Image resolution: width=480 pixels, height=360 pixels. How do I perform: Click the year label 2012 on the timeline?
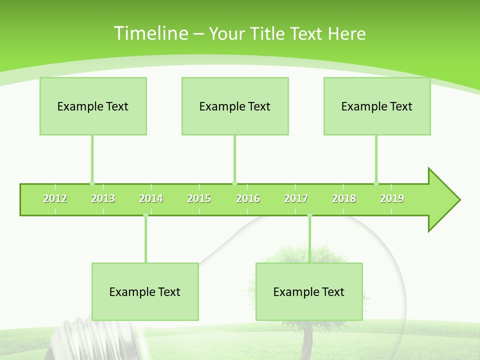click(x=55, y=199)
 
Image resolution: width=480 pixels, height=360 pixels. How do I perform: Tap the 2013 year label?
click(x=103, y=199)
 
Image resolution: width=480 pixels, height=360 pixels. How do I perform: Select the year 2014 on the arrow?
click(x=151, y=199)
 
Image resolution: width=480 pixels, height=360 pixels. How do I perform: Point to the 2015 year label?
click(x=199, y=199)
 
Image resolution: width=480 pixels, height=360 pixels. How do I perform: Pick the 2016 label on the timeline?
click(x=248, y=199)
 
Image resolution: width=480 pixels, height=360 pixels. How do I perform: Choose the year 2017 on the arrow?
click(x=296, y=199)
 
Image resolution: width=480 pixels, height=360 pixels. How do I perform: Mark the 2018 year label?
click(x=344, y=199)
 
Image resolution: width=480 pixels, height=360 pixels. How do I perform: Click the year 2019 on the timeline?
click(x=392, y=199)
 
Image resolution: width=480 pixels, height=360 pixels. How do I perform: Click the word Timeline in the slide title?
click(x=150, y=33)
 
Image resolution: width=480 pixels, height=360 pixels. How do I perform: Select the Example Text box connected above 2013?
click(x=93, y=106)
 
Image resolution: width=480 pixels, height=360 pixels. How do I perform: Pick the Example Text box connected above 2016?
click(x=235, y=106)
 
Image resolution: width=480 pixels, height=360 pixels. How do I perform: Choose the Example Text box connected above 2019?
click(x=377, y=106)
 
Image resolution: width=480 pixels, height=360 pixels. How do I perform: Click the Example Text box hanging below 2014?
click(x=145, y=291)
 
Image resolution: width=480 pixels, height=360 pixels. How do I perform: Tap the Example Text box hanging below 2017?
click(x=309, y=291)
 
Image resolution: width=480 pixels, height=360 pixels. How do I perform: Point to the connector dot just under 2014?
click(x=145, y=215)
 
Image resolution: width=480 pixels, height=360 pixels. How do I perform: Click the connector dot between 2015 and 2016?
click(x=234, y=183)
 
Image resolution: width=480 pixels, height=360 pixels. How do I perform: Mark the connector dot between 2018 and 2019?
click(x=376, y=183)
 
